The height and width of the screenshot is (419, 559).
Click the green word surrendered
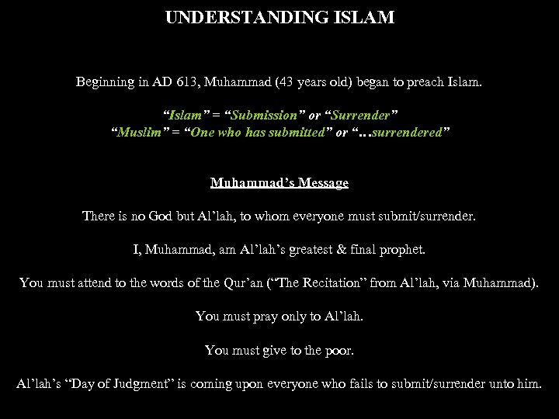405,133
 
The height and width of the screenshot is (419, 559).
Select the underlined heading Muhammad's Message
279,183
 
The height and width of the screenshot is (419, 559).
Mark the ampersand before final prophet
349,250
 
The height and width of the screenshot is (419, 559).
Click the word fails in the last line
375,384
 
